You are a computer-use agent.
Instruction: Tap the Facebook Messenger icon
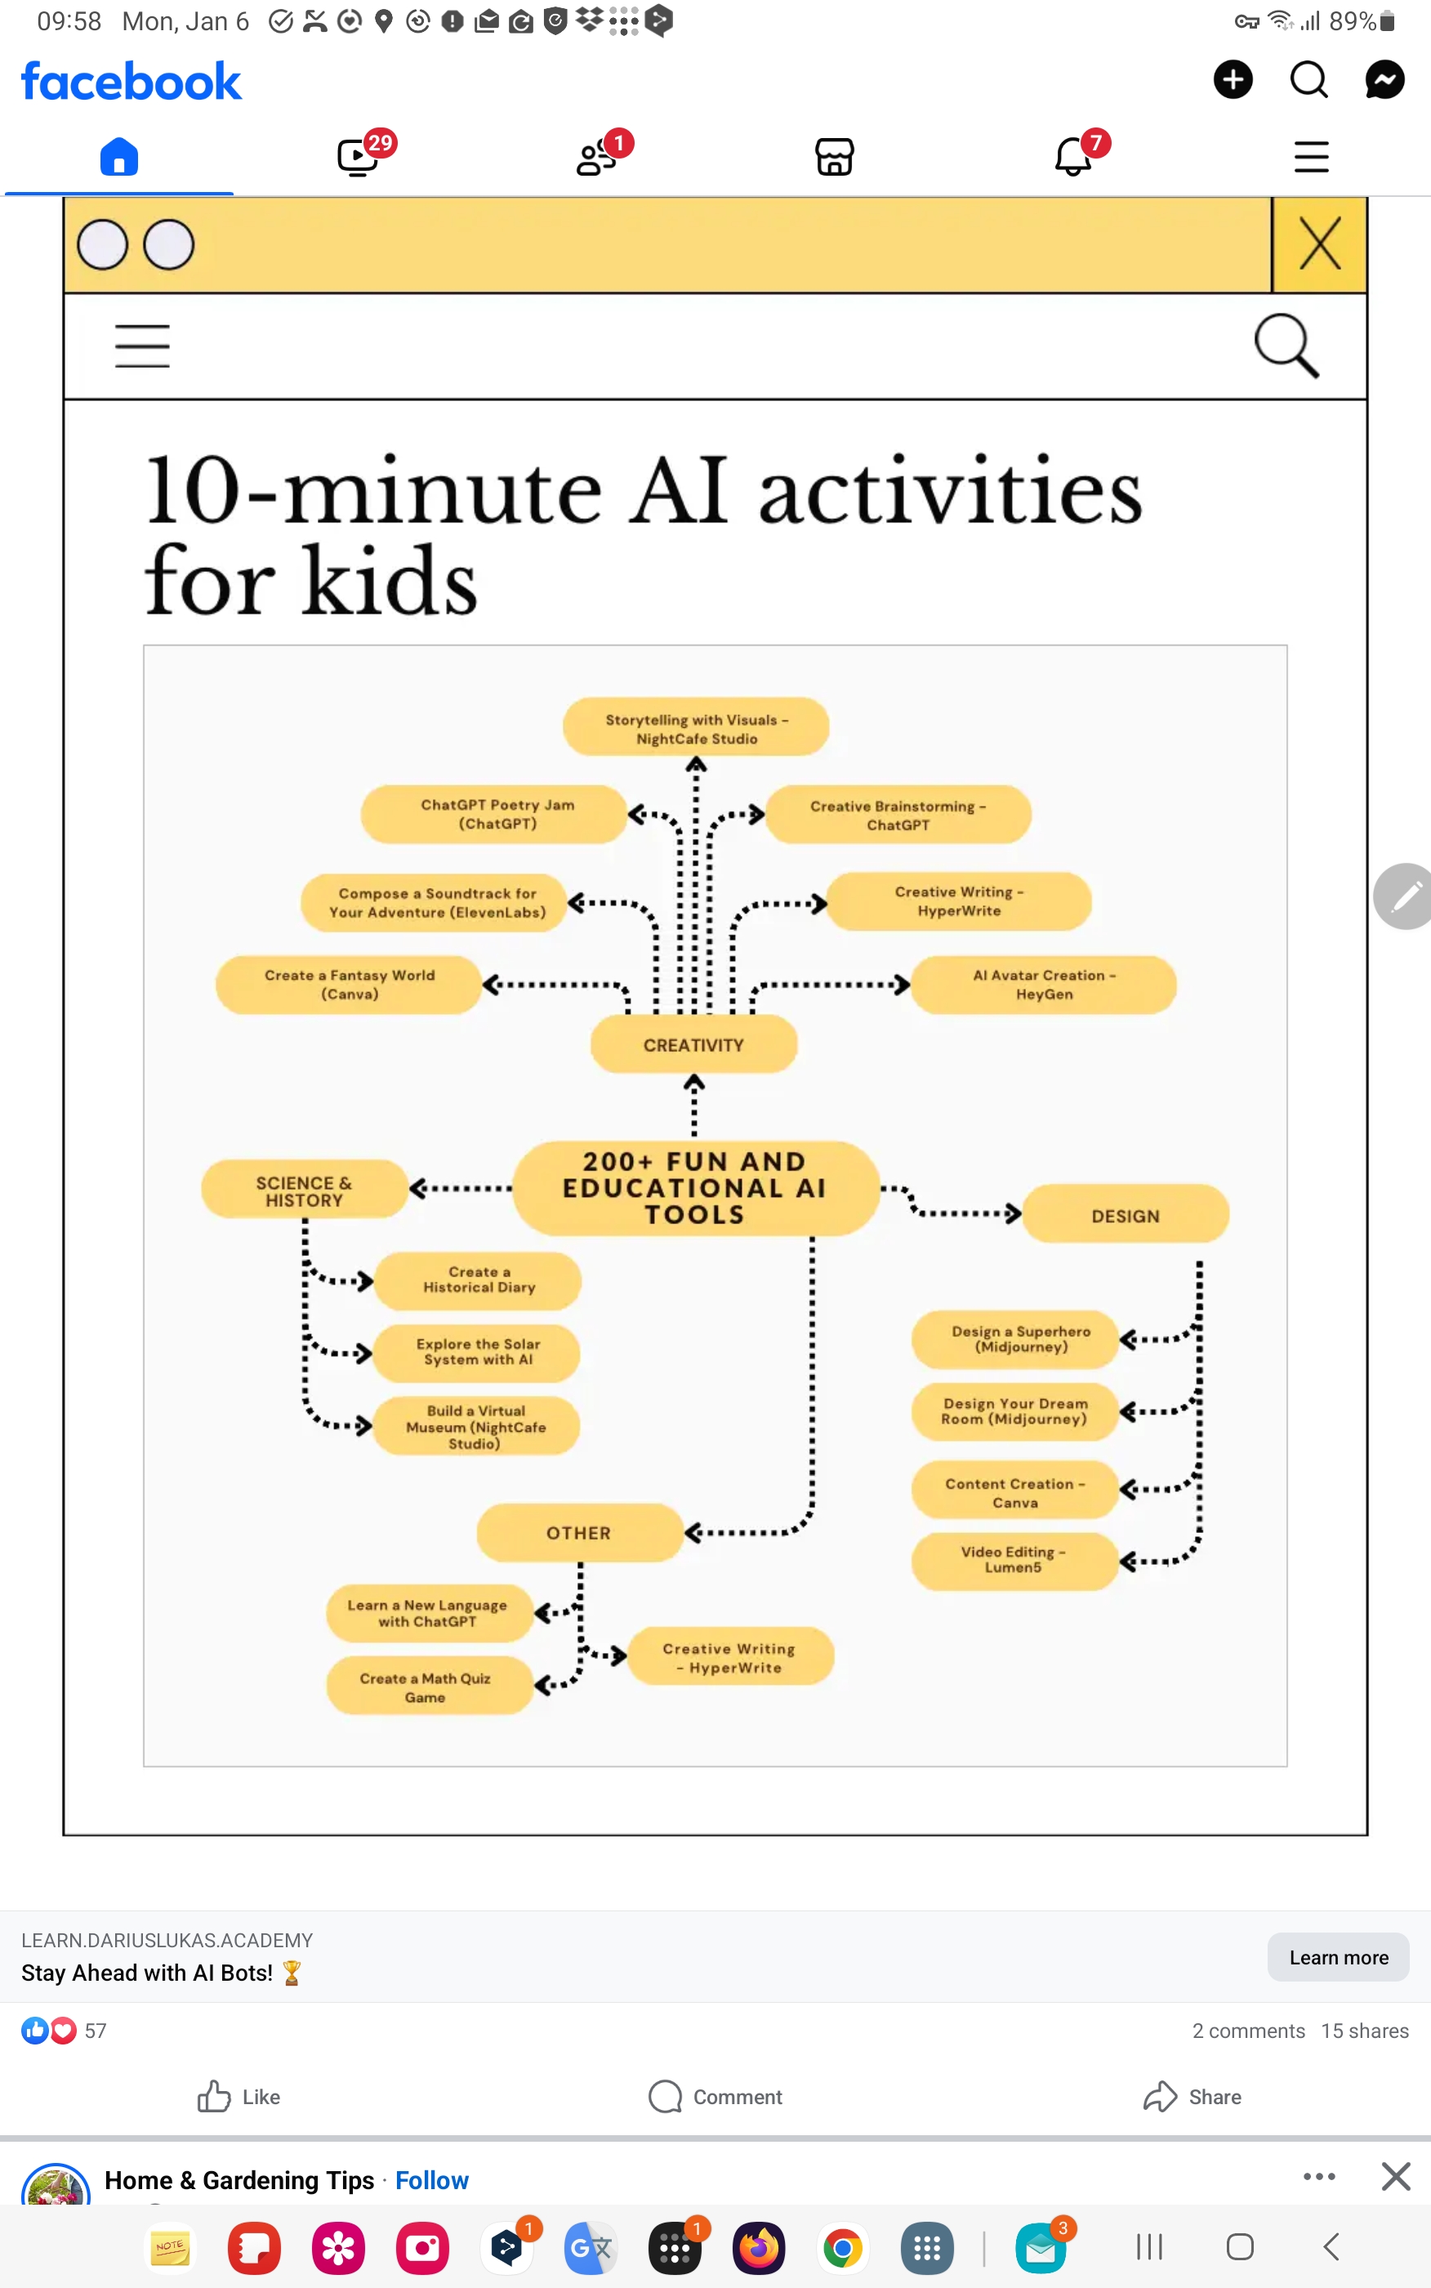pyautogui.click(x=1384, y=79)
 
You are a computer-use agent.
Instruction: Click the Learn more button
pyautogui.click(x=1337, y=1957)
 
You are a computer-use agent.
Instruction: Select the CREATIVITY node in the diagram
pyautogui.click(x=693, y=1044)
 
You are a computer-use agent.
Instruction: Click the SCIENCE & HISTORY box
pyautogui.click(x=304, y=1190)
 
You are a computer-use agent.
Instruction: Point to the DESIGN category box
pyautogui.click(x=1125, y=1214)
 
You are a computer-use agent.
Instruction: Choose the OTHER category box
pyautogui.click(x=579, y=1531)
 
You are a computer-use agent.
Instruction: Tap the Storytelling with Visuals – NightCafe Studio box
pyautogui.click(x=696, y=728)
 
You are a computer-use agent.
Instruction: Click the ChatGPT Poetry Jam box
pyautogui.click(x=495, y=813)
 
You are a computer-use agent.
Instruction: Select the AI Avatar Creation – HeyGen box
pyautogui.click(x=1043, y=985)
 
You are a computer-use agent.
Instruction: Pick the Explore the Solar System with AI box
pyautogui.click(x=477, y=1352)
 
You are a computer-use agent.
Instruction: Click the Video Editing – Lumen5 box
pyautogui.click(x=1014, y=1559)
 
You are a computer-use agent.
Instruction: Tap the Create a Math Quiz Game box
pyautogui.click(x=428, y=1686)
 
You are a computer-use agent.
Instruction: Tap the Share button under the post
pyautogui.click(x=1192, y=2097)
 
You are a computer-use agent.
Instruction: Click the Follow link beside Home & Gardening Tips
pyautogui.click(x=431, y=2179)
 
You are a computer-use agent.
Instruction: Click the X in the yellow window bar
pyautogui.click(x=1319, y=244)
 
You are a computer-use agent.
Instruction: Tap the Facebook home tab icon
pyautogui.click(x=119, y=156)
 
